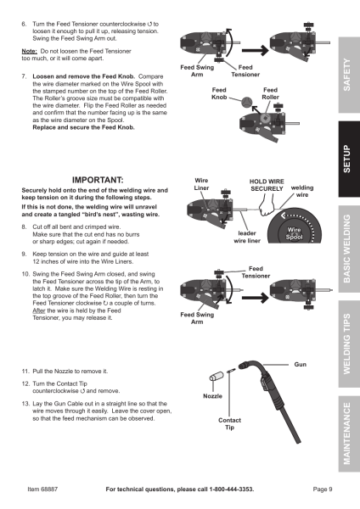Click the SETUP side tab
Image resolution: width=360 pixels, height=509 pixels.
(349, 159)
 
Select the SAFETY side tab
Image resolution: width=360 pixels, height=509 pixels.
(349, 75)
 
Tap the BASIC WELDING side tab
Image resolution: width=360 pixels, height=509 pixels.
(349, 249)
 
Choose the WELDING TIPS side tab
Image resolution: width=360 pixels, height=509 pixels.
(349, 344)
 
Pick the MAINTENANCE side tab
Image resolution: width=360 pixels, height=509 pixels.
(349, 433)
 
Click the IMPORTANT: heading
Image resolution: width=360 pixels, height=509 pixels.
(98, 180)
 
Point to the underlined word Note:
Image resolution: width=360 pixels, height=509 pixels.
(29, 51)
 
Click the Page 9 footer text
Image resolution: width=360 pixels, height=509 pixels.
(323, 489)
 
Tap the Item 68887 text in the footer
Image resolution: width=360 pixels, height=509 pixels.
(42, 489)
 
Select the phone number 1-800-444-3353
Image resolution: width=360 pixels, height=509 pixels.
(231, 489)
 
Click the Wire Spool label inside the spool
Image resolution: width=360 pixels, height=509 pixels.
(294, 233)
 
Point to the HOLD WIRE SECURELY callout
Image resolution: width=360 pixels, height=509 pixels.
(267, 185)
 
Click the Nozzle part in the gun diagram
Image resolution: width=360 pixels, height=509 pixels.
(217, 377)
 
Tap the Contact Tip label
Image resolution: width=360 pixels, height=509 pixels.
(230, 423)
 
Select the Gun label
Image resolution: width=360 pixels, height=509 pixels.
(301, 365)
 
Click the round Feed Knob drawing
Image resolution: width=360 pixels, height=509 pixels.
(246, 102)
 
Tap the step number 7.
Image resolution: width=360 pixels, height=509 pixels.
(25, 76)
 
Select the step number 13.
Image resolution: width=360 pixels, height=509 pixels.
(25, 404)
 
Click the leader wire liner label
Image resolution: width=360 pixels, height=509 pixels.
(247, 237)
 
